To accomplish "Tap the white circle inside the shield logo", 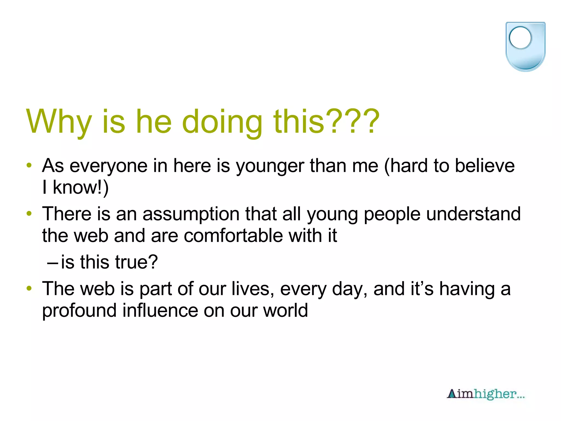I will pyautogui.click(x=520, y=38).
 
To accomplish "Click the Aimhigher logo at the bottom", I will pyautogui.click(x=486, y=394).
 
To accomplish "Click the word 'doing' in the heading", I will pyautogui.click(x=222, y=122).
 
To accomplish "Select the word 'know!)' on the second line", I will pyautogui.click(x=81, y=188).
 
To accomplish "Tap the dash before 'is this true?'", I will pyautogui.click(x=52, y=262).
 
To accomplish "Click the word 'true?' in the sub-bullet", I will pyautogui.click(x=136, y=262).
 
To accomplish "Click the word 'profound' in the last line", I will pyautogui.click(x=79, y=311).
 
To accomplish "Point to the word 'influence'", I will pyautogui.click(x=160, y=310).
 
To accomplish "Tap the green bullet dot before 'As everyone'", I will pyautogui.click(x=29, y=165).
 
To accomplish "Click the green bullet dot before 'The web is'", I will pyautogui.click(x=29, y=288).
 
